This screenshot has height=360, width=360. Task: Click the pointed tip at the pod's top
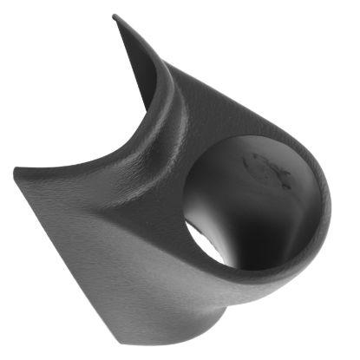pos(116,16)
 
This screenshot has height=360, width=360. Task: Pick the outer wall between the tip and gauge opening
pos(204,95)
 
